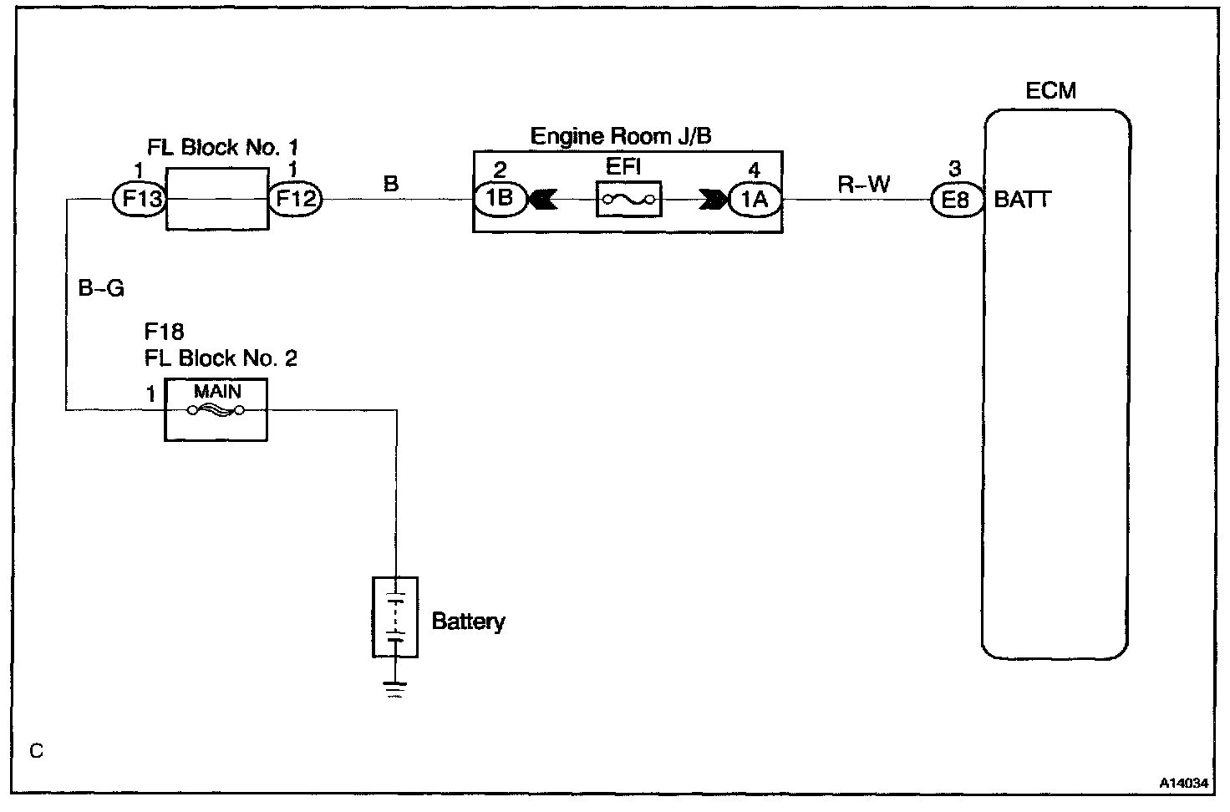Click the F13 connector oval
click(140, 200)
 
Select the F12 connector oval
click(294, 200)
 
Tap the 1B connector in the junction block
click(501, 200)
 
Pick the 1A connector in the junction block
click(755, 200)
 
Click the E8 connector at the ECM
click(957, 200)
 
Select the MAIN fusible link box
click(216, 409)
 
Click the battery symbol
click(394, 617)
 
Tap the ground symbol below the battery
click(394, 689)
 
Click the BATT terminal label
click(1022, 200)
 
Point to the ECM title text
click(1050, 90)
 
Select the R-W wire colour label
click(864, 184)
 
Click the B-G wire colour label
click(101, 288)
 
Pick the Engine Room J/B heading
click(621, 136)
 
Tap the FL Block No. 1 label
click(222, 148)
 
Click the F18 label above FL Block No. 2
click(164, 332)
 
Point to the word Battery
click(468, 622)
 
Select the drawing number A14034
click(1183, 783)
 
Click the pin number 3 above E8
click(955, 170)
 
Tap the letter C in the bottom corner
click(36, 751)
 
